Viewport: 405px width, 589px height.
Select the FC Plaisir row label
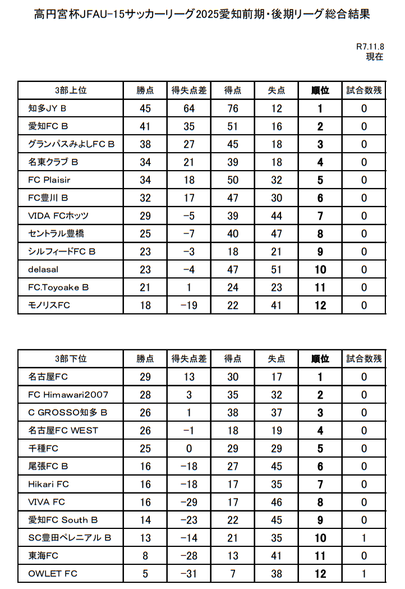click(49, 180)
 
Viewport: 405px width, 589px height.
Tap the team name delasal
click(43, 270)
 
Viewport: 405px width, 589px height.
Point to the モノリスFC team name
click(49, 305)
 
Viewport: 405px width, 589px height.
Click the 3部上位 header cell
click(71, 90)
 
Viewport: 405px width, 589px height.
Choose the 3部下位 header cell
click(71, 358)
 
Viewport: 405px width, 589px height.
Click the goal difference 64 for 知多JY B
click(189, 108)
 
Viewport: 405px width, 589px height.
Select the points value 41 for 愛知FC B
click(145, 126)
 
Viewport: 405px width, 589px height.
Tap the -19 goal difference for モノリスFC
click(189, 305)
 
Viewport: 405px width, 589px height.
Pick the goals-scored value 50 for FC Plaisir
click(232, 180)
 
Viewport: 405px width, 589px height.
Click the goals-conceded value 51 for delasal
click(277, 270)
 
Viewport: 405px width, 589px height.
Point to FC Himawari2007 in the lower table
click(68, 395)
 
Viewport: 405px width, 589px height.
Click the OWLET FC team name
click(53, 574)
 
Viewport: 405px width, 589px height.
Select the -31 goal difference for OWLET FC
click(189, 574)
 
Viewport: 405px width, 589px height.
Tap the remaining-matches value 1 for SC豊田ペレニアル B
click(364, 538)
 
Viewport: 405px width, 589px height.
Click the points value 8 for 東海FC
click(145, 556)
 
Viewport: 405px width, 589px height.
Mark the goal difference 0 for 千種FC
click(189, 449)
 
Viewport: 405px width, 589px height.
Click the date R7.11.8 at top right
click(370, 47)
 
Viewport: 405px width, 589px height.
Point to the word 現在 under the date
click(374, 56)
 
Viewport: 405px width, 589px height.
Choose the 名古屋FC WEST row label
click(63, 431)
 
